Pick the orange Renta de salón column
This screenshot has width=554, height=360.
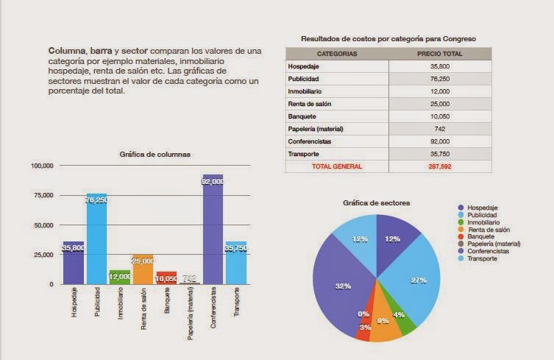click(143, 269)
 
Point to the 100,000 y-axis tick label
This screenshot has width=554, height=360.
click(42, 166)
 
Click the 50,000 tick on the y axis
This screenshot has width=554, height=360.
click(43, 225)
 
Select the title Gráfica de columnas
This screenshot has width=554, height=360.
click(155, 154)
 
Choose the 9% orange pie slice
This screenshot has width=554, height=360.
click(385, 324)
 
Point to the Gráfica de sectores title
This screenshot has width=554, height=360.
click(377, 202)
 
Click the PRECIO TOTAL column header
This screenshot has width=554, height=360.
click(439, 54)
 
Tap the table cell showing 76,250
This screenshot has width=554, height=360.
click(439, 78)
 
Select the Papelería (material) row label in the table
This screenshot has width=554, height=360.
click(316, 129)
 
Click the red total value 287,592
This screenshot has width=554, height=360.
click(439, 166)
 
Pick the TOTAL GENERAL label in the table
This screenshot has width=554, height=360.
click(337, 166)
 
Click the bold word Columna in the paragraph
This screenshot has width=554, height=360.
click(68, 51)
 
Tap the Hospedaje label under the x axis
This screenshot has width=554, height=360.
click(74, 303)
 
